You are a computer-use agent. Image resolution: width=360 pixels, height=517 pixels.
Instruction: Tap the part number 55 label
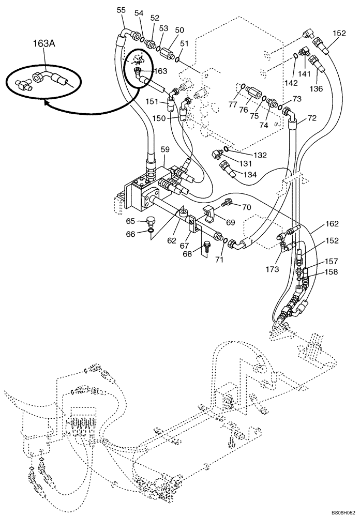click(121, 10)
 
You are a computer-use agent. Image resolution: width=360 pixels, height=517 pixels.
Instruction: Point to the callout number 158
click(331, 272)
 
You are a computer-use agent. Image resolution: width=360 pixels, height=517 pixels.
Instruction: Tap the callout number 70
click(247, 207)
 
